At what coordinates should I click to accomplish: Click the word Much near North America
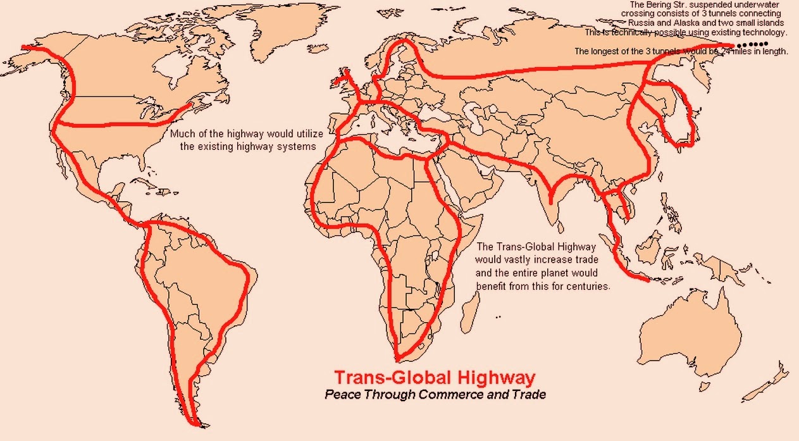click(183, 134)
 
